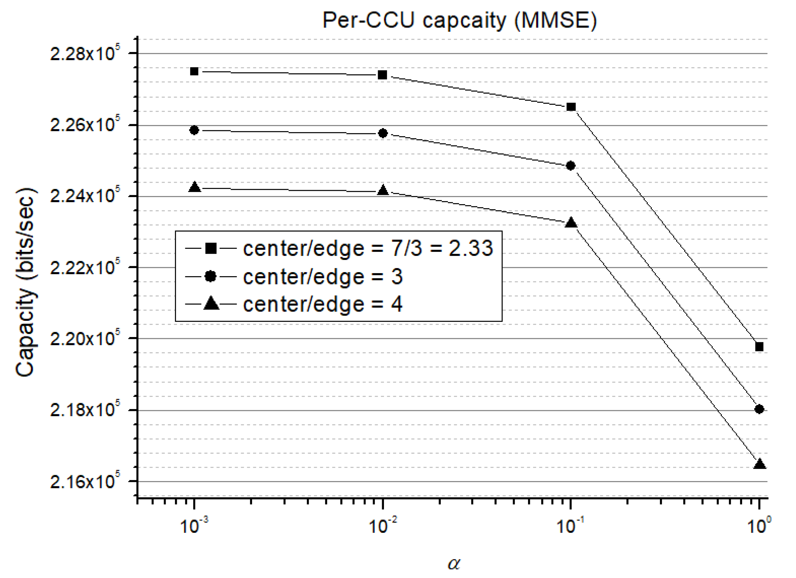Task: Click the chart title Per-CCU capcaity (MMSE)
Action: (x=459, y=20)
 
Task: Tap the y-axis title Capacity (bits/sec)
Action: (x=25, y=283)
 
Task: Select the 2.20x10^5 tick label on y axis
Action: (x=85, y=339)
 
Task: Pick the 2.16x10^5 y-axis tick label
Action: (x=85, y=482)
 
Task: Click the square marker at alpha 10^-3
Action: (x=194, y=72)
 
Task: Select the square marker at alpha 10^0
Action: (x=759, y=347)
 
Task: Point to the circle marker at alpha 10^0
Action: (x=759, y=409)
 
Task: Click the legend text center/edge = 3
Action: (x=323, y=277)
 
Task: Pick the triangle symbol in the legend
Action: (x=211, y=304)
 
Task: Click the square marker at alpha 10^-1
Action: (x=571, y=107)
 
